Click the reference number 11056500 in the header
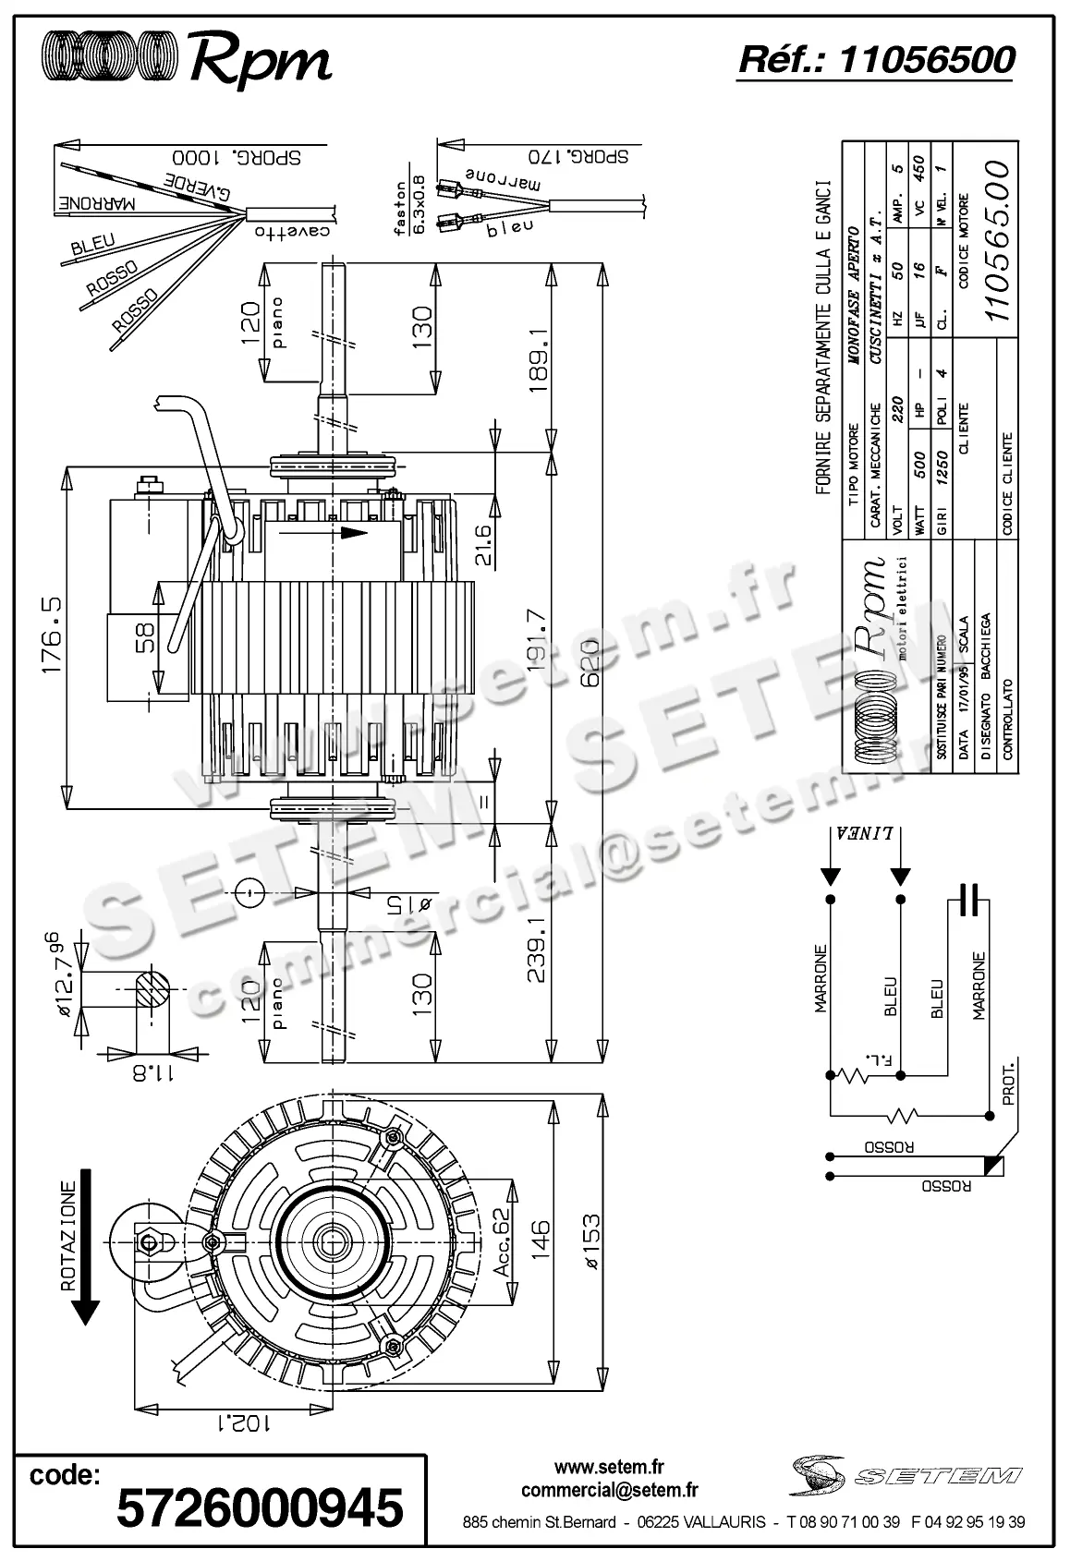pos(927,60)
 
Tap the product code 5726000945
pos(260,1508)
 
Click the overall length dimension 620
pos(590,657)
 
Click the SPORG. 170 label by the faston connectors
pos(578,155)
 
